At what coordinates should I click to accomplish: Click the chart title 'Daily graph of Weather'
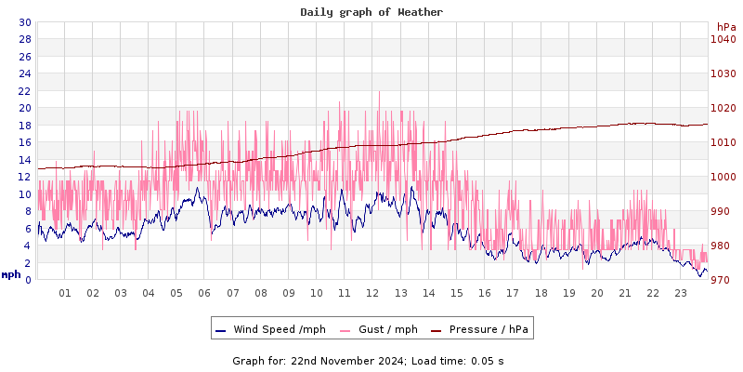(371, 12)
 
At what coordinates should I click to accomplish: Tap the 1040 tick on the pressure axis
(723, 39)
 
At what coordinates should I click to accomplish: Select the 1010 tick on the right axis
(723, 142)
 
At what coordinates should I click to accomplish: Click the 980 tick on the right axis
(723, 246)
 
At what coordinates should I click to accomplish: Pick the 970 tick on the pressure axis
(723, 280)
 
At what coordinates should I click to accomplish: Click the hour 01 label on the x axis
(65, 293)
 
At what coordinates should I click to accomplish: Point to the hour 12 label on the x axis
(373, 293)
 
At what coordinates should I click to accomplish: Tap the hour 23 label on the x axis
(681, 293)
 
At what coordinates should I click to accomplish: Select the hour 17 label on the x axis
(513, 293)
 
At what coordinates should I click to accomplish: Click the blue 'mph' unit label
(11, 274)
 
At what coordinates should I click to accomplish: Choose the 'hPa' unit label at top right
(725, 27)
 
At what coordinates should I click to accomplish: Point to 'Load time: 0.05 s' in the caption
(455, 360)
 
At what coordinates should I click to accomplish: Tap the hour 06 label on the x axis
(205, 293)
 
